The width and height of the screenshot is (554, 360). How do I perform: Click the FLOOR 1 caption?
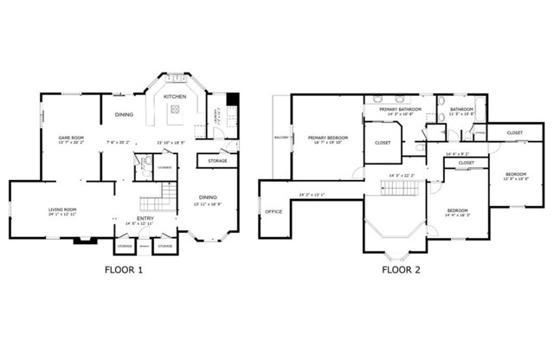pyautogui.click(x=124, y=270)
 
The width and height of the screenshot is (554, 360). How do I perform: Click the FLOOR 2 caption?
pyautogui.click(x=402, y=270)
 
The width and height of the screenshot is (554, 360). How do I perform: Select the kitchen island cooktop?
pyautogui.click(x=176, y=109)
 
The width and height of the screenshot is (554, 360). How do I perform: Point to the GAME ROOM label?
pyautogui.click(x=70, y=138)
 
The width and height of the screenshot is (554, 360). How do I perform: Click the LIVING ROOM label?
pyautogui.click(x=61, y=209)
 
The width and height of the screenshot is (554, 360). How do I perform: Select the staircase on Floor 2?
pyautogui.click(x=394, y=186)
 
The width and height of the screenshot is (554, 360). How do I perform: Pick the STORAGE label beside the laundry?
pyautogui.click(x=217, y=161)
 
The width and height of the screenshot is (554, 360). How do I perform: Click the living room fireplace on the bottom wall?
pyautogui.click(x=82, y=240)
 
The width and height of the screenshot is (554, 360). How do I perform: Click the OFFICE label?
pyautogui.click(x=274, y=211)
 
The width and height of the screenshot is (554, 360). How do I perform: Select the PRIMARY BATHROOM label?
pyautogui.click(x=399, y=109)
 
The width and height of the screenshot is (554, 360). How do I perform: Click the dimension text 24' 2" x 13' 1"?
pyautogui.click(x=311, y=194)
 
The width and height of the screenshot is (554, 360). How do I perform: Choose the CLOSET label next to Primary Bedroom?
pyautogui.click(x=383, y=142)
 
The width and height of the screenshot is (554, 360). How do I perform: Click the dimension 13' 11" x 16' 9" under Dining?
pyautogui.click(x=208, y=205)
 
